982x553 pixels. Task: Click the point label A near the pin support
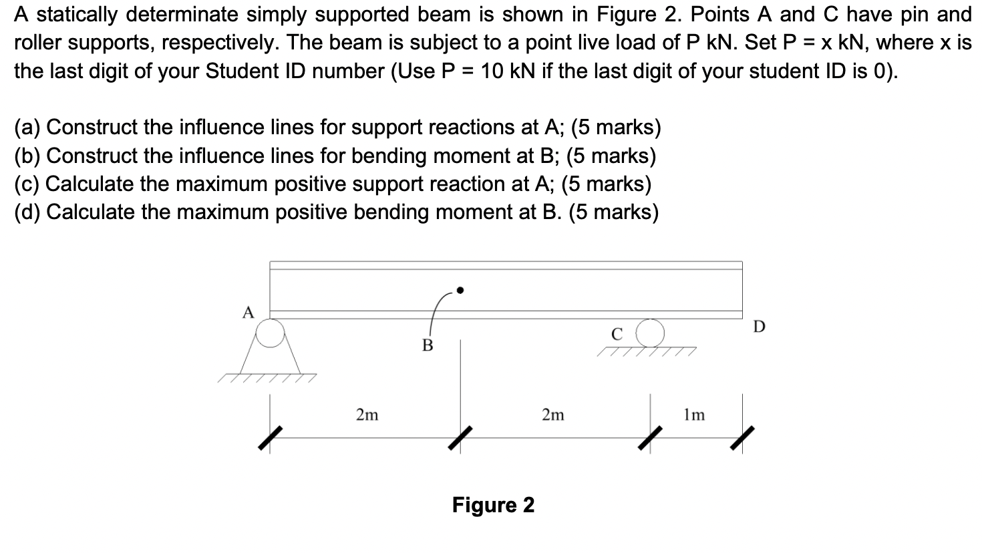pos(249,313)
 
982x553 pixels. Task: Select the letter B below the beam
pos(428,346)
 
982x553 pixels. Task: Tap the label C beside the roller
pos(617,333)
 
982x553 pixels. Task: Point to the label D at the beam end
pos(759,327)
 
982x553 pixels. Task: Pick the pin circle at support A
pos(271,333)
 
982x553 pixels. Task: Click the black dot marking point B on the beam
pos(460,291)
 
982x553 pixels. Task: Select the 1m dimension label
pos(694,415)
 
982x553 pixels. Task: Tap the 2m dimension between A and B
pos(367,415)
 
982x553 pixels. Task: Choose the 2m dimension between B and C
pos(552,415)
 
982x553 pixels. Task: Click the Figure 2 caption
pos(493,505)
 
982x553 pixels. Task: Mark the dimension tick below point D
pos(742,438)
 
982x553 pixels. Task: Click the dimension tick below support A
pos(270,438)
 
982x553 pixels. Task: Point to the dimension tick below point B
pos(460,438)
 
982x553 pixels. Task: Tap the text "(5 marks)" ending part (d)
pos(613,212)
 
